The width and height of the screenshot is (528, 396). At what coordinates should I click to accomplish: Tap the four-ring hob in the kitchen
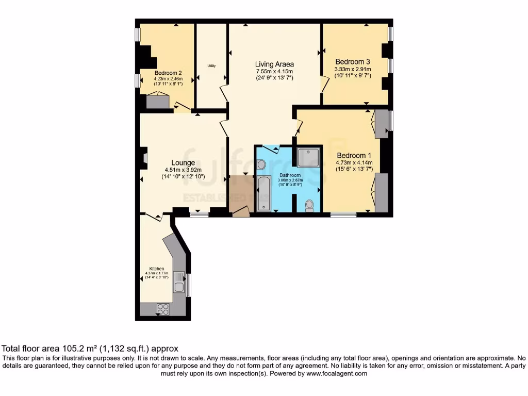pyautogui.click(x=163, y=309)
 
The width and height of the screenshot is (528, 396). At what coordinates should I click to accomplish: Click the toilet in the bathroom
pyautogui.click(x=309, y=205)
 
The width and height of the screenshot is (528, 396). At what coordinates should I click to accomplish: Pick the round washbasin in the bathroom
pyautogui.click(x=261, y=164)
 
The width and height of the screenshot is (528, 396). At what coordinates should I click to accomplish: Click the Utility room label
pyautogui.click(x=211, y=66)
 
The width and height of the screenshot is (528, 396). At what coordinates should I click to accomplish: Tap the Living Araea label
pyautogui.click(x=274, y=64)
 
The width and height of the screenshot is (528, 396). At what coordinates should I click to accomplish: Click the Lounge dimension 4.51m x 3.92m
pyautogui.click(x=183, y=170)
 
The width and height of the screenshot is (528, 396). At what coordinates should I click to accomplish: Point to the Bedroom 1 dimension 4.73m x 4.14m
pyautogui.click(x=354, y=163)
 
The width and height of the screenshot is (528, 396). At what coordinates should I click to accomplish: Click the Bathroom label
pyautogui.click(x=289, y=175)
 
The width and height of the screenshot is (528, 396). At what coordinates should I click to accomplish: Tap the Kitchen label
pyautogui.click(x=157, y=269)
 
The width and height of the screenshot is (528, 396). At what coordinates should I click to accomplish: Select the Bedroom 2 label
pyautogui.click(x=168, y=73)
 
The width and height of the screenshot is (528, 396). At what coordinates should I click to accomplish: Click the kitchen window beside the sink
pyautogui.click(x=188, y=285)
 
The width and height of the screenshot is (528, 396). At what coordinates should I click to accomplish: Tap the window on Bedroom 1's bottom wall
pyautogui.click(x=339, y=213)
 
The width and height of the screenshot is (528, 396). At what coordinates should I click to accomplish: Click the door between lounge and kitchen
pyautogui.click(x=154, y=217)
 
